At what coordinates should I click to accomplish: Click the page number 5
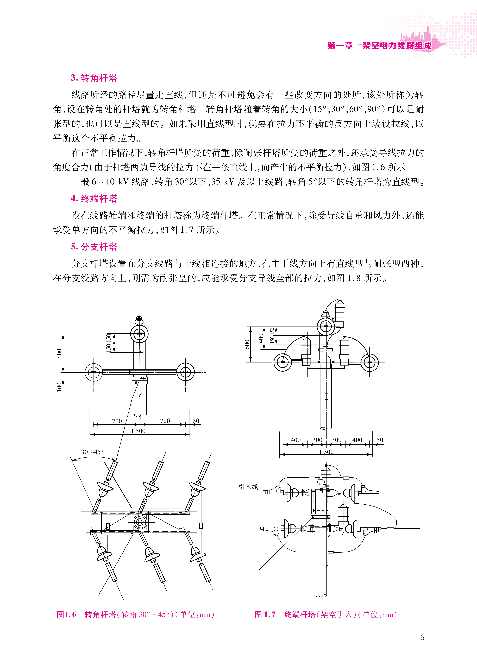(x=422, y=637)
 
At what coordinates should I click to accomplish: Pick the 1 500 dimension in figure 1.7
(x=326, y=452)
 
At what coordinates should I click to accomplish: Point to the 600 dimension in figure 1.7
(x=247, y=344)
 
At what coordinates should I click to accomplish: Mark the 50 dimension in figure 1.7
(x=380, y=440)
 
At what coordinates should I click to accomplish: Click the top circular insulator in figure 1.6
(x=139, y=334)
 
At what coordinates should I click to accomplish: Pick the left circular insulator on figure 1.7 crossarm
(x=283, y=362)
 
